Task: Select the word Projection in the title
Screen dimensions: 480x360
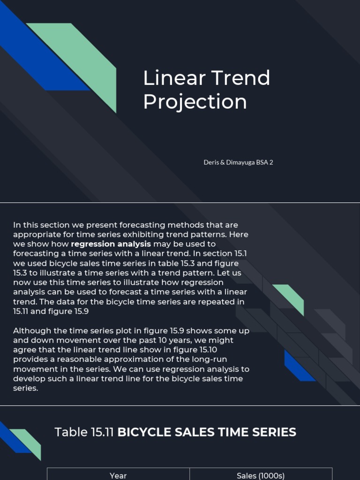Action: [195, 102]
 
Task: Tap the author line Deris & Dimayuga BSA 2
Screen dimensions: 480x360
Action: [238, 162]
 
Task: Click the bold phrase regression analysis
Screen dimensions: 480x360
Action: [111, 244]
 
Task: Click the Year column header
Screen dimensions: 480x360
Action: [118, 475]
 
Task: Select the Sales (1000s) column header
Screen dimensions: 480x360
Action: [261, 475]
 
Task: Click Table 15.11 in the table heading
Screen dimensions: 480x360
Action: [84, 432]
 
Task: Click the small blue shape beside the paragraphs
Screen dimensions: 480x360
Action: [298, 367]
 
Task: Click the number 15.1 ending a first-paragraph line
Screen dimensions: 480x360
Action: [239, 254]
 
